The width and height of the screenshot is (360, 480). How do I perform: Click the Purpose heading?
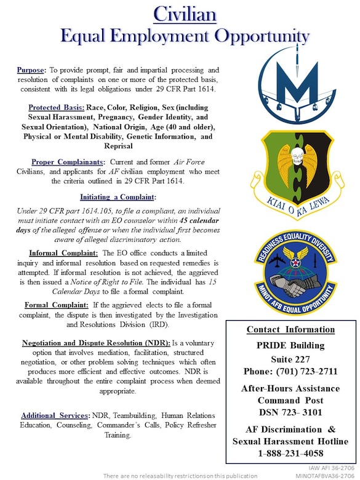click(30, 70)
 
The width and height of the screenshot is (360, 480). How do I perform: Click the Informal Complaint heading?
click(63, 252)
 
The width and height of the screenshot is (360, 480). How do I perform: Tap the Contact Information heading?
click(290, 329)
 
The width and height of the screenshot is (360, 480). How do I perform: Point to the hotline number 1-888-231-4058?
click(290, 454)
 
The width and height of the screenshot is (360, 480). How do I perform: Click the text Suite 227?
click(290, 358)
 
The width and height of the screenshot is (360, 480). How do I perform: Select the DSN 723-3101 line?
click(290, 412)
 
